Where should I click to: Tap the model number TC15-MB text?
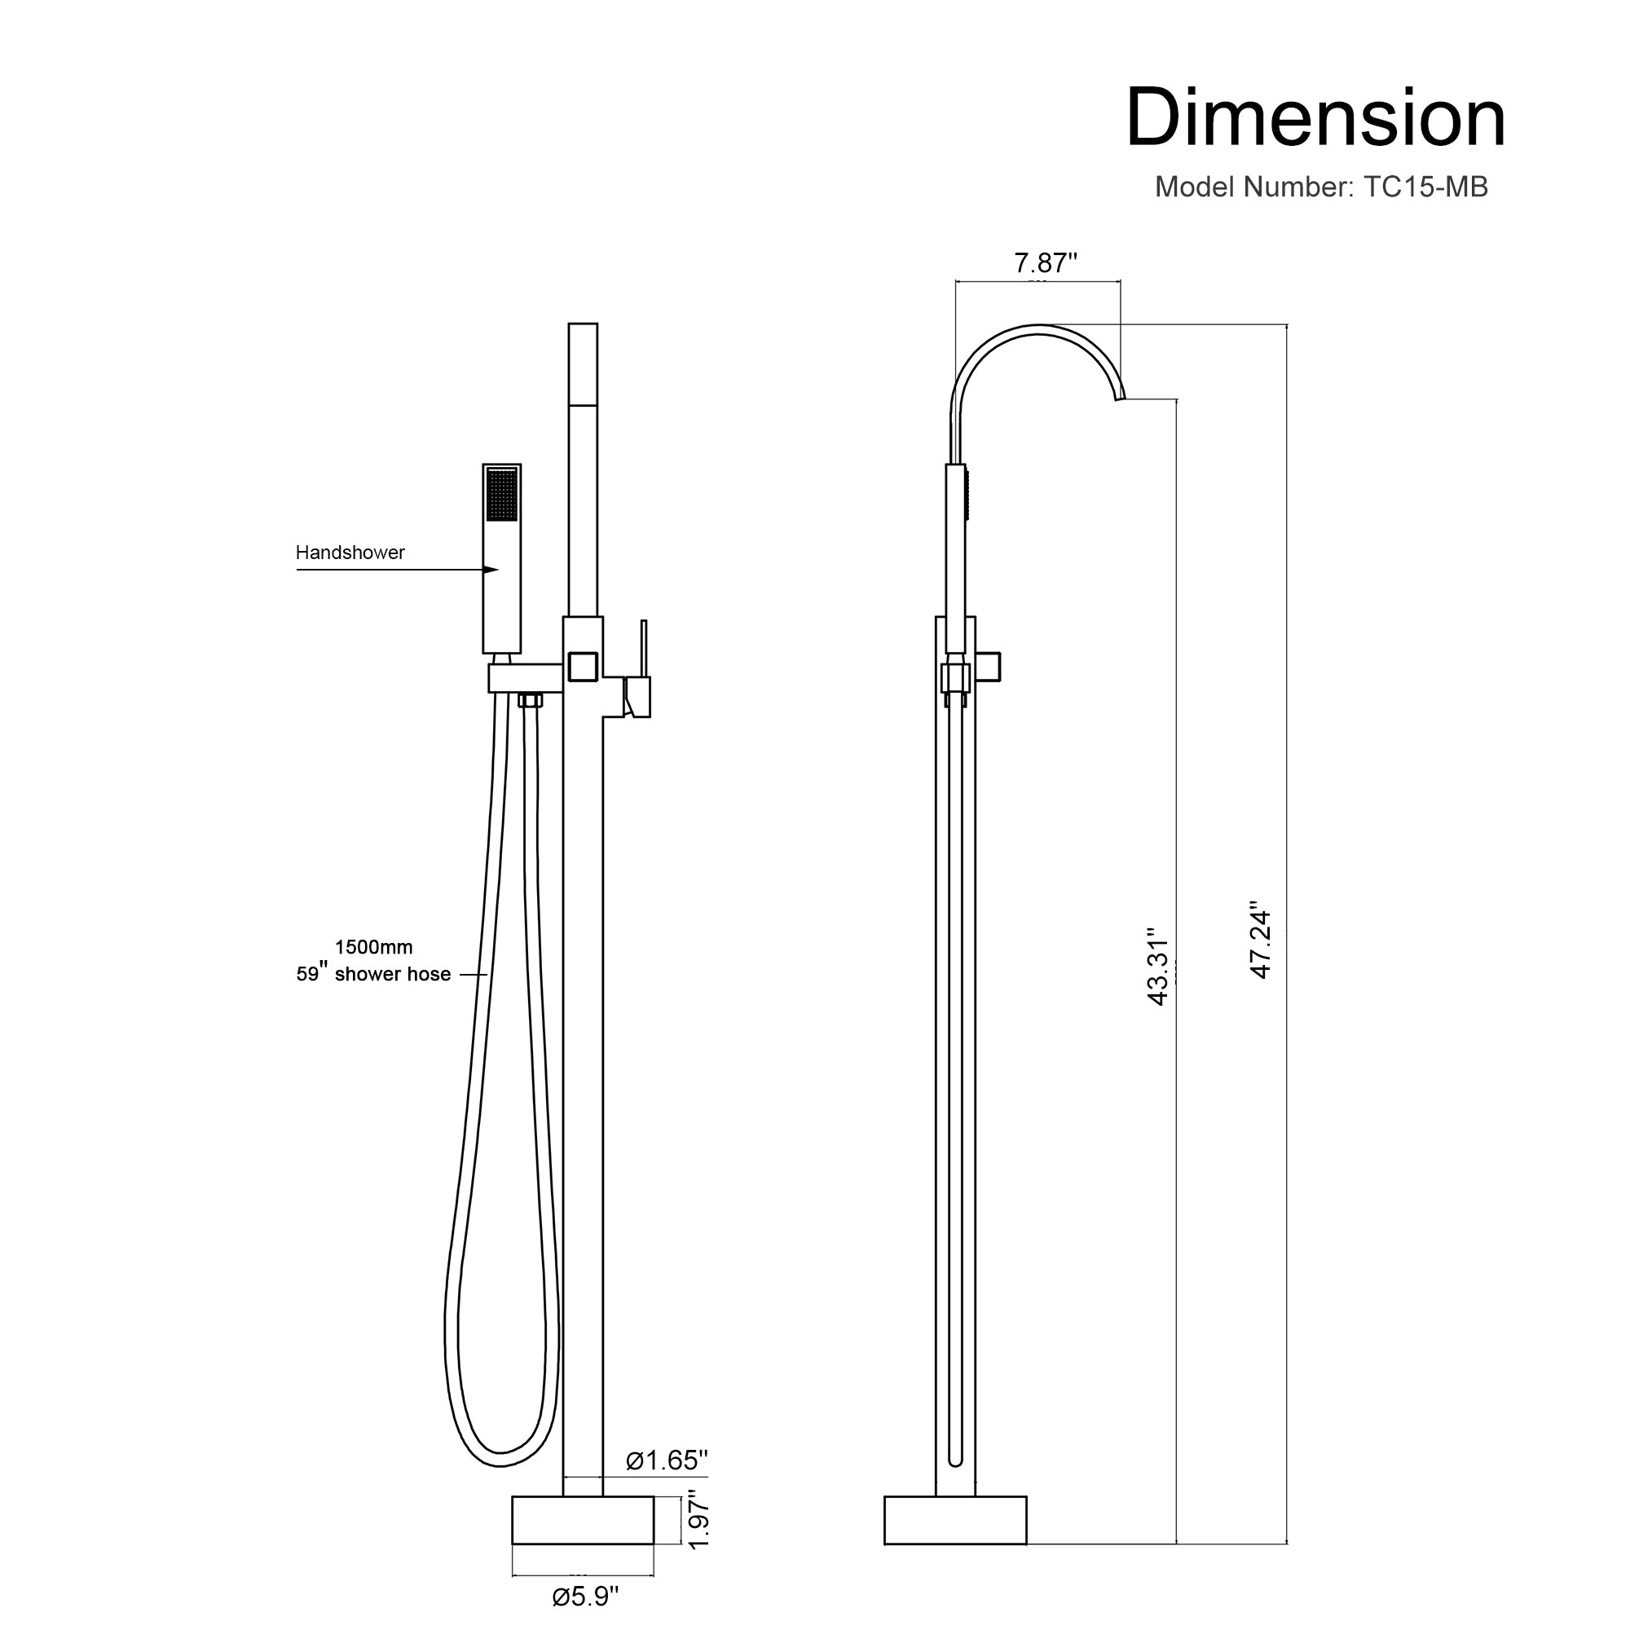1320,187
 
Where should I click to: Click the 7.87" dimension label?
1046,263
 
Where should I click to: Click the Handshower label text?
350,553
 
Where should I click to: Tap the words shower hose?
392,975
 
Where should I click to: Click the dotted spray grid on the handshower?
502,494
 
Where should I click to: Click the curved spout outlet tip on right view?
1121,398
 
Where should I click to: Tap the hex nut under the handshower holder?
530,699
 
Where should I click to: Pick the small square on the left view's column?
583,667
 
